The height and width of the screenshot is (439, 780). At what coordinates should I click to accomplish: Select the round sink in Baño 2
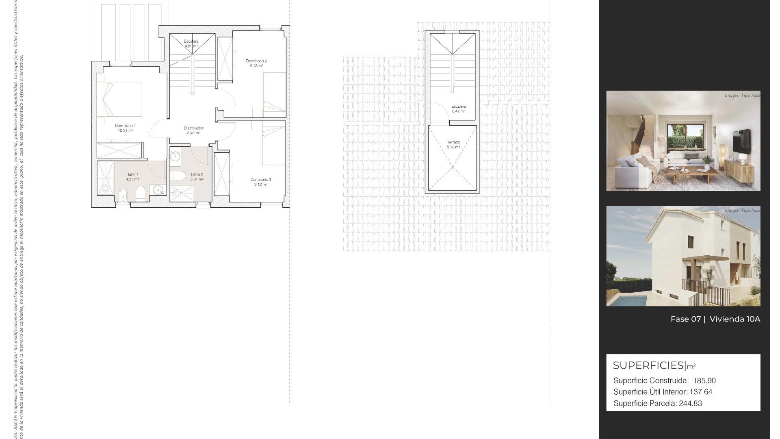tap(175, 156)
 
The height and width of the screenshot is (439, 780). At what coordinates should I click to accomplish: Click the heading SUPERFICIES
tap(648, 365)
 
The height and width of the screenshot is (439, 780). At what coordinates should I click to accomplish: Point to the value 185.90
tap(704, 381)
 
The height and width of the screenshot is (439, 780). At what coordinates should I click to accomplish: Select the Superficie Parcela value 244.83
tap(690, 404)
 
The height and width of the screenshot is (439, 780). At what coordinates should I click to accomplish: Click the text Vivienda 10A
tap(734, 319)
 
